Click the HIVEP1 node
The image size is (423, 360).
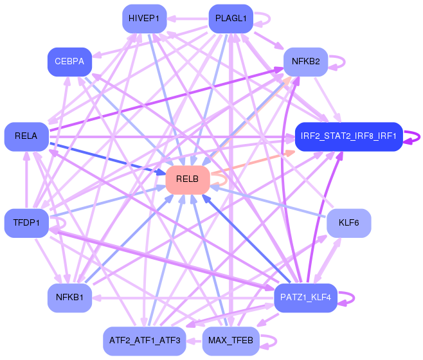coord(144,19)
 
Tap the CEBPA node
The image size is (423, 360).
coord(69,62)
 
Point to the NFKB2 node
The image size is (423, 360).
coord(306,62)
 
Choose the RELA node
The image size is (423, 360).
coord(26,136)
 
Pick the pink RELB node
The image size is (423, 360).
coord(188,179)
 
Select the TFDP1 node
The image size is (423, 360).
coord(26,223)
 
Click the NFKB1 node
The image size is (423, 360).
coord(69,298)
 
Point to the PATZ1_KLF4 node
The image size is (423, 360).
coord(306,298)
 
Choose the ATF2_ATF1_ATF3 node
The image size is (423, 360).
coord(144,341)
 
